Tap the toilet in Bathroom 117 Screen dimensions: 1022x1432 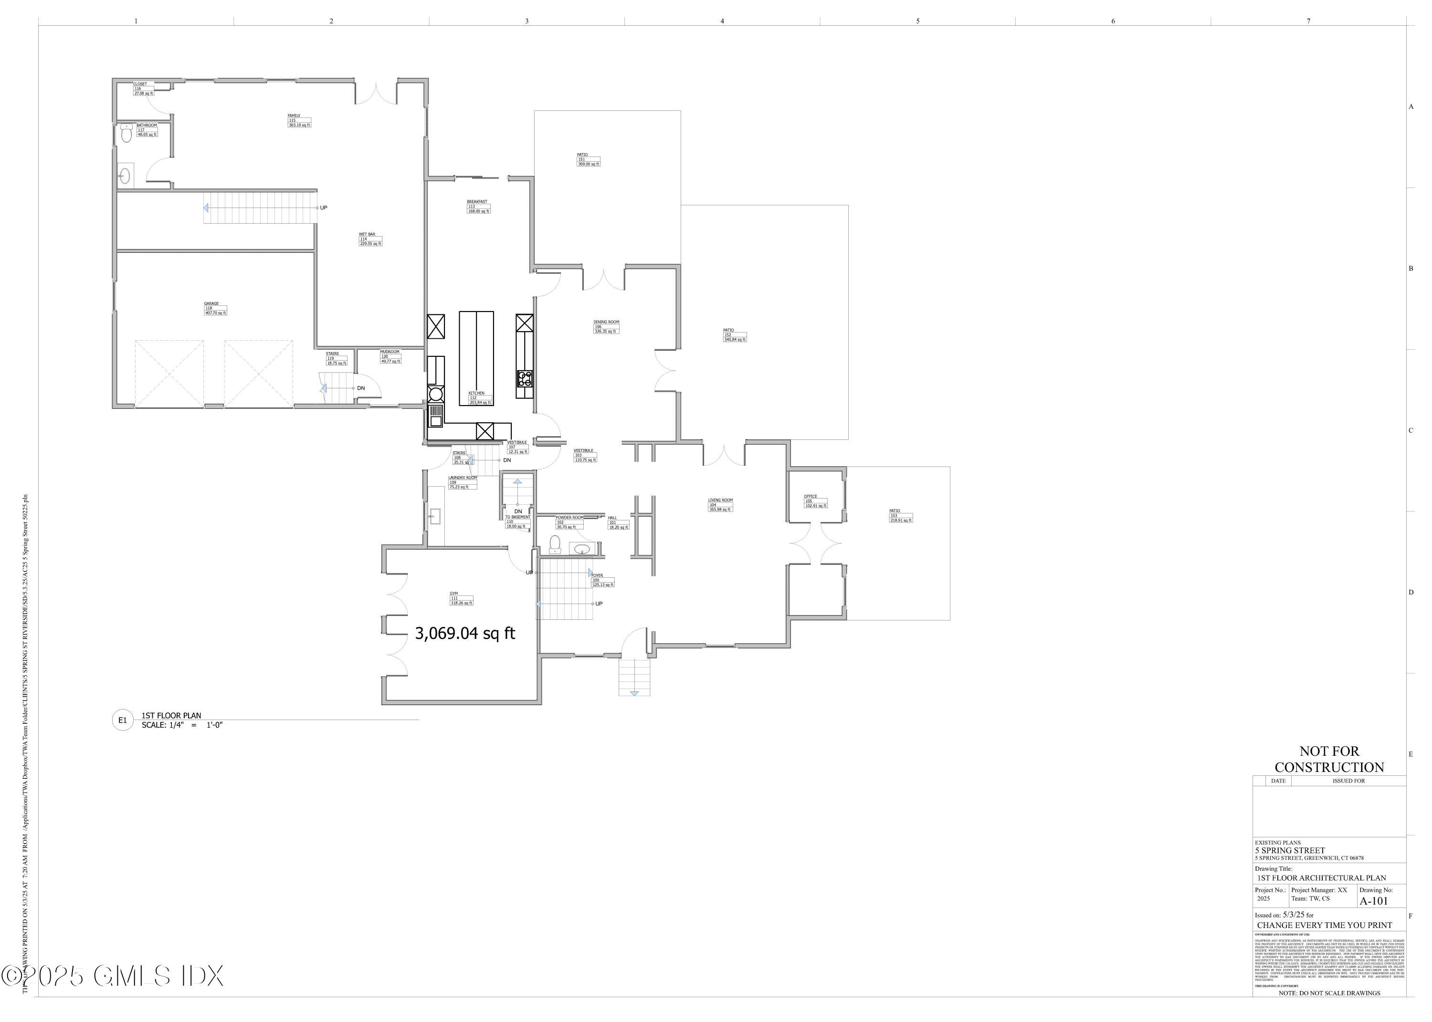coord(126,134)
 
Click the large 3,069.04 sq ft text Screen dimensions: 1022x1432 coord(464,634)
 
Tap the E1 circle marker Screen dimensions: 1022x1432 coord(123,720)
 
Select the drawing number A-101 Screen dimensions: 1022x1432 coord(1373,900)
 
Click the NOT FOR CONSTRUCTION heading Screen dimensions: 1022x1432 coord(1329,759)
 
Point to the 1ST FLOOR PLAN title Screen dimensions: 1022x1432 coord(171,716)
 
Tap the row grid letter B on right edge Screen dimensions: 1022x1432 coord(1411,269)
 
